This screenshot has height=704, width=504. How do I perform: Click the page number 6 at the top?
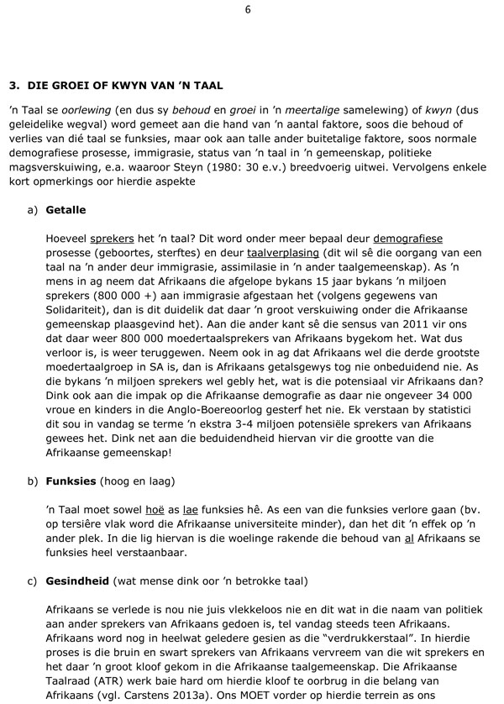tap(248, 9)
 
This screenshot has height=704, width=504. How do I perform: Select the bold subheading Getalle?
tap(66, 209)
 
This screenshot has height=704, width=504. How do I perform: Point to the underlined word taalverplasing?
tap(283, 253)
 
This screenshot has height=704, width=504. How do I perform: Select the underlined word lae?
tap(192, 510)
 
